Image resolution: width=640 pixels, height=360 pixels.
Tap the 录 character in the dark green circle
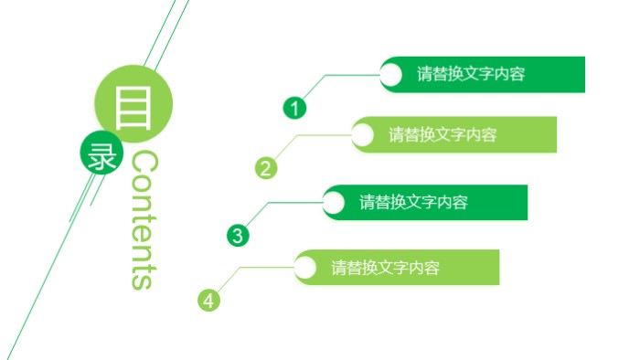tap(99, 156)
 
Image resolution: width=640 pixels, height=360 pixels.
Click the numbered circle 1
tap(294, 108)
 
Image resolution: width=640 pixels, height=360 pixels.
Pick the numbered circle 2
tap(265, 167)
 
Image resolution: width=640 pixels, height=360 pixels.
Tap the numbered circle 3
tap(238, 235)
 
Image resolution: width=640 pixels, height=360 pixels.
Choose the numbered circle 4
tap(209, 300)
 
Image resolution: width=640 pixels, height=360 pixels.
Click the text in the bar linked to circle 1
tap(471, 74)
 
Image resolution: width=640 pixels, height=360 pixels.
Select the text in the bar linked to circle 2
tap(443, 135)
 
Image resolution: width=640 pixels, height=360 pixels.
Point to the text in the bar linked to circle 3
tap(413, 202)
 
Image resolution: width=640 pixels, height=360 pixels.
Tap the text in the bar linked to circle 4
tap(386, 268)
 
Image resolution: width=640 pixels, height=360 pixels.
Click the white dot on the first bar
tap(390, 75)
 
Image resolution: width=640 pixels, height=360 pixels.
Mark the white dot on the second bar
tap(362, 135)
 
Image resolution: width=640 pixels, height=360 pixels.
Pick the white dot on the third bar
tap(334, 202)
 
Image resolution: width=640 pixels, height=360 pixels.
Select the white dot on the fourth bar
tap(305, 268)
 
